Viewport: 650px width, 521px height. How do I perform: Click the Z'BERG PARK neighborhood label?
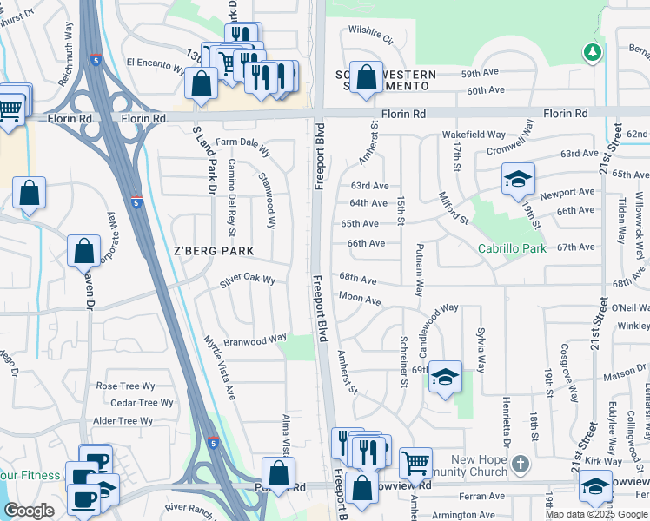[212, 251]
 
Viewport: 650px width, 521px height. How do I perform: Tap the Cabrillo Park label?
[512, 248]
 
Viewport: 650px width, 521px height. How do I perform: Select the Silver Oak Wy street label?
[248, 280]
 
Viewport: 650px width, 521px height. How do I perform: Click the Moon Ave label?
[360, 300]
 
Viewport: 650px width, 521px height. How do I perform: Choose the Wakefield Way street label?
[474, 135]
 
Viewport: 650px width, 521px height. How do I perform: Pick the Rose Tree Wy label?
[125, 386]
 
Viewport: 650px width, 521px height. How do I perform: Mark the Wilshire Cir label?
[371, 35]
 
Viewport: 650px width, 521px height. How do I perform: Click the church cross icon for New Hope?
[520, 463]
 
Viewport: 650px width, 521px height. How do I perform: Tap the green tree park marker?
[592, 52]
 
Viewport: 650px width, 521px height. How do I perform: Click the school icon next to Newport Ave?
[518, 179]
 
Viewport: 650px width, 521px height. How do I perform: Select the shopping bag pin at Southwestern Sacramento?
[366, 76]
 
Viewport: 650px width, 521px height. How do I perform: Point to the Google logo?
[28, 511]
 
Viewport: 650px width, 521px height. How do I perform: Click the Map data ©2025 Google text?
[596, 514]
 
